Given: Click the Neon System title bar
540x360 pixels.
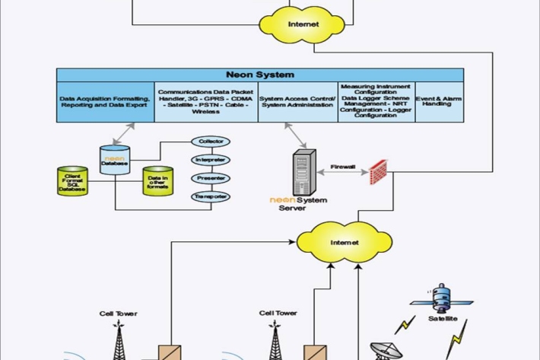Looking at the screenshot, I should [260, 75].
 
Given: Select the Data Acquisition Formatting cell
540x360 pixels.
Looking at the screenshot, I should [105, 102].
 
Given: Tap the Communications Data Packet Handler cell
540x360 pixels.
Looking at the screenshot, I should [205, 101].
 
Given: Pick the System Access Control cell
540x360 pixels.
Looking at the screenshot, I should [297, 102].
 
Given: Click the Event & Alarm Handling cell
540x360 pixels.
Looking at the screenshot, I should [439, 101].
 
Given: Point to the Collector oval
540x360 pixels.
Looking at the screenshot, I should [210, 142].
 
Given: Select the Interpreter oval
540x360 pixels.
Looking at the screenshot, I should [210, 160].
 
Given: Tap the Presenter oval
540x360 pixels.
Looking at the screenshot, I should [210, 179].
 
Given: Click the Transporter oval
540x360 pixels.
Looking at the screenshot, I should [210, 197].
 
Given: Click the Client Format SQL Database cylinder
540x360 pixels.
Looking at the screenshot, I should [73, 181].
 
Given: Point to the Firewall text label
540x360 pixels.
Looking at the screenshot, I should [342, 166].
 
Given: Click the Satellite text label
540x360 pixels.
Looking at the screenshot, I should [443, 319].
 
